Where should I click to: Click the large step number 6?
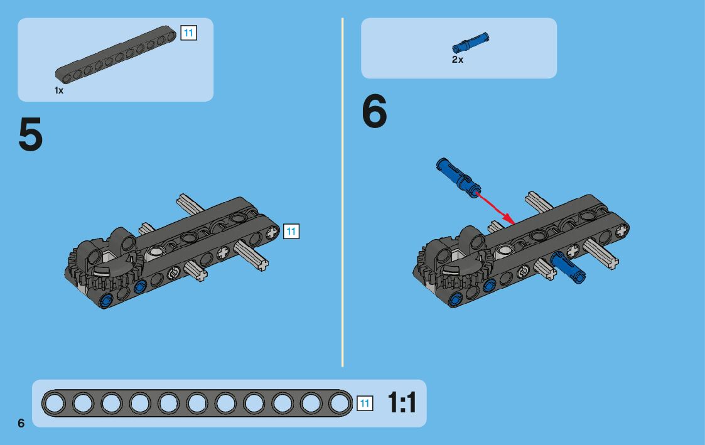point(374,110)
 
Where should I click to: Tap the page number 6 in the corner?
point(21,423)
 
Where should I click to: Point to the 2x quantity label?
point(457,60)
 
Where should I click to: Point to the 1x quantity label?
point(59,90)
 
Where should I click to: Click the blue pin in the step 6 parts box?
point(470,43)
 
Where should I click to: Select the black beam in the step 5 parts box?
point(116,55)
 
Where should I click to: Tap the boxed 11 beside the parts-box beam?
point(188,33)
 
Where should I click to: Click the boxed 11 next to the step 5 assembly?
point(291,232)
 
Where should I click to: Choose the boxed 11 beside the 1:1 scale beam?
point(365,403)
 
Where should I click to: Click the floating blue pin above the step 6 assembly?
point(458,178)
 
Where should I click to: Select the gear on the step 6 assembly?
point(453,268)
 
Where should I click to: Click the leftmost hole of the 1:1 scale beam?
point(55,403)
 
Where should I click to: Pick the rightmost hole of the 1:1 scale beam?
point(339,403)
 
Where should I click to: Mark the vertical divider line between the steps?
point(343,193)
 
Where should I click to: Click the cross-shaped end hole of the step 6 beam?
point(622,230)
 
